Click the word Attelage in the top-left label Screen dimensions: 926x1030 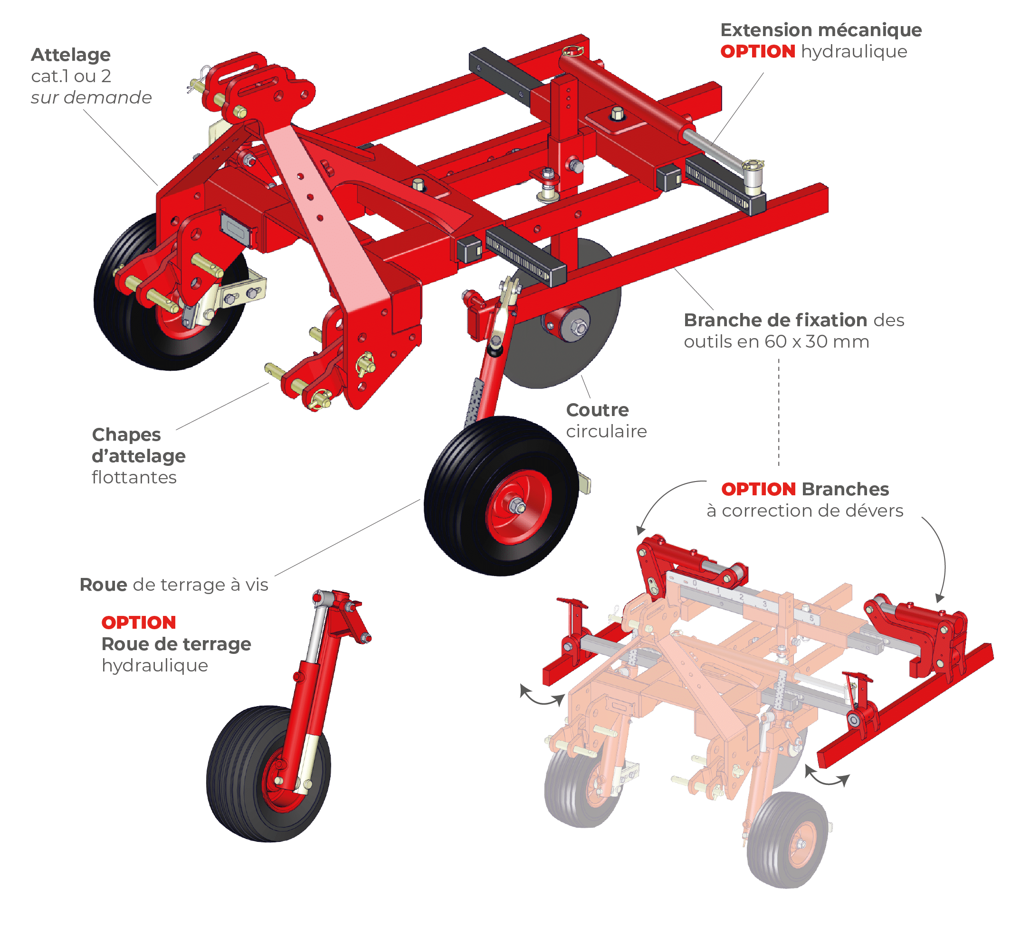tap(71, 55)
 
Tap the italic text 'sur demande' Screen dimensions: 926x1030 tap(91, 97)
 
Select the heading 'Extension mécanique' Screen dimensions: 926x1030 tap(820, 30)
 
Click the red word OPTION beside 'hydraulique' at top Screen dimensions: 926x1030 tap(757, 51)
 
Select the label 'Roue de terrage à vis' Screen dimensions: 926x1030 tap(173, 585)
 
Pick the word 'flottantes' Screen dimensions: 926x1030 tap(134, 477)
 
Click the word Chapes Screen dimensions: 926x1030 tap(126, 435)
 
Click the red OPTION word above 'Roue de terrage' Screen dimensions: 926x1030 tap(138, 622)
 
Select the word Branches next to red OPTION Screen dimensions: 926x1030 tap(845, 489)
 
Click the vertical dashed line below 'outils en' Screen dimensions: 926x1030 tap(779, 412)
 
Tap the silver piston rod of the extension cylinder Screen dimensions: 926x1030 tap(713, 148)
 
